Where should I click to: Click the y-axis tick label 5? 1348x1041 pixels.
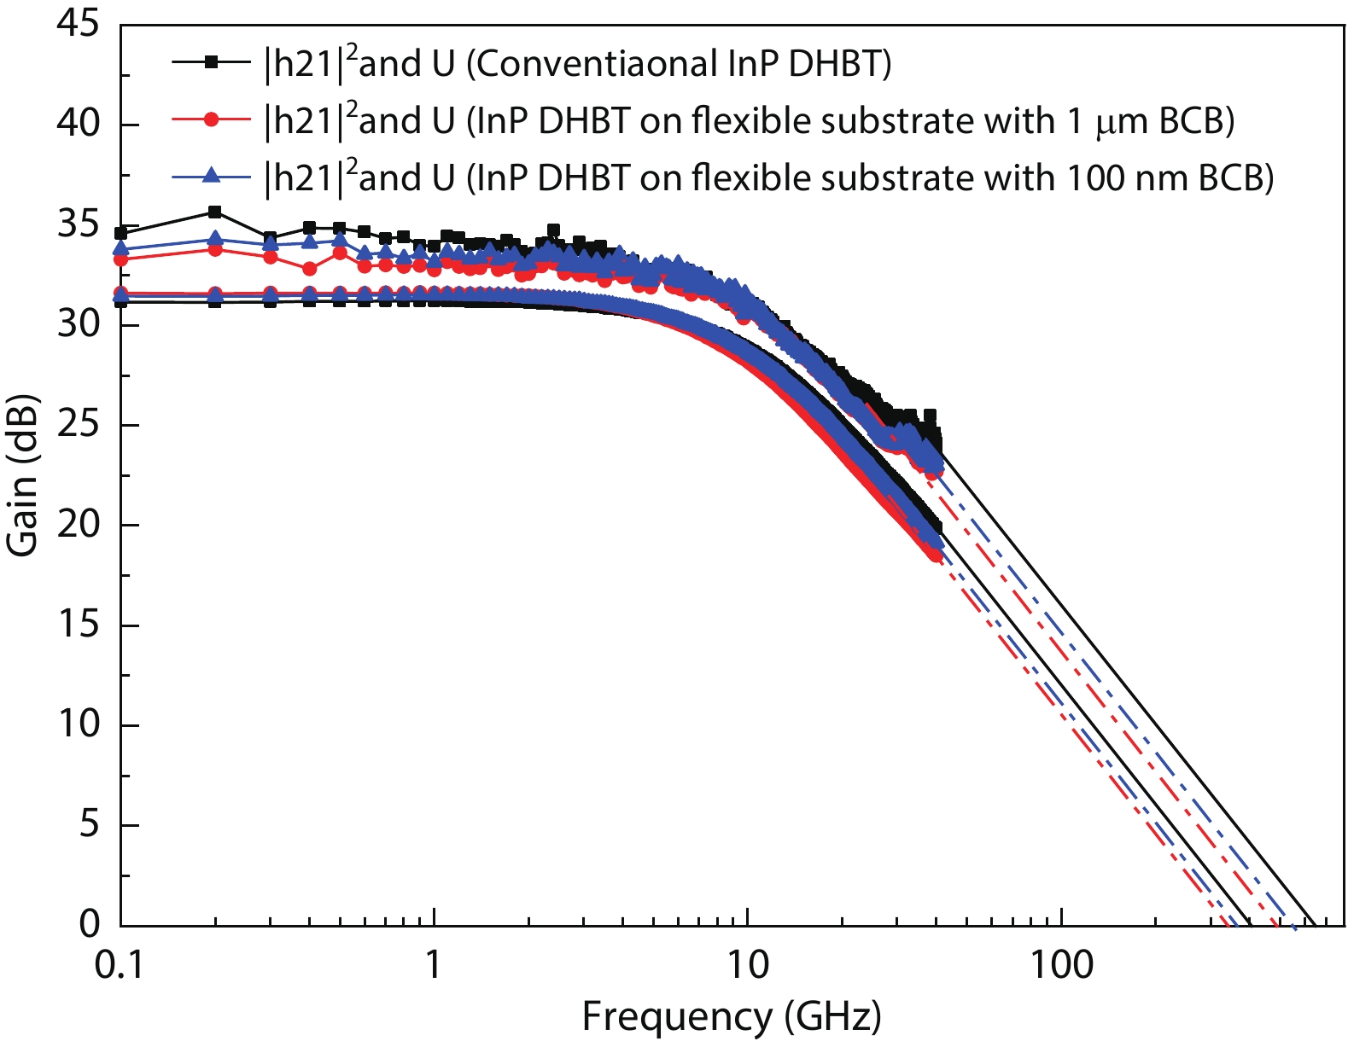tap(89, 825)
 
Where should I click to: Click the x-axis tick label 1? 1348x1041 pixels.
tap(435, 965)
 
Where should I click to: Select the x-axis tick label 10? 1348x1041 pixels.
tap(748, 965)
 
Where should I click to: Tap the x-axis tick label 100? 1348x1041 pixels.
tap(1061, 965)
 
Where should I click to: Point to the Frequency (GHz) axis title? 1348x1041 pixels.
tap(732, 1016)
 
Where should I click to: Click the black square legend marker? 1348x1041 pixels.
tap(213, 61)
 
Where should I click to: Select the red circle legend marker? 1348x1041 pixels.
tap(213, 119)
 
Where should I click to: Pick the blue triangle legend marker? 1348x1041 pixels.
tap(213, 177)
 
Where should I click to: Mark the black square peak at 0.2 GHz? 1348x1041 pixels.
tap(215, 212)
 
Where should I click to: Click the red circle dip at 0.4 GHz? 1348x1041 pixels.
tap(309, 269)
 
